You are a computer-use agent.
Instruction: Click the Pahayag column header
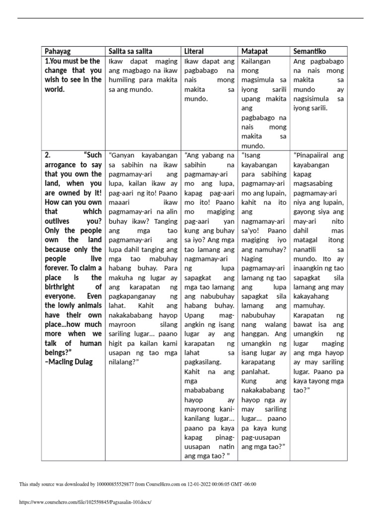click(58, 51)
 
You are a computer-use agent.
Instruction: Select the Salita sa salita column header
click(130, 51)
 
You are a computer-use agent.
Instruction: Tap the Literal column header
click(194, 51)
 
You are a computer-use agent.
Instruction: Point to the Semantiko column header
click(310, 51)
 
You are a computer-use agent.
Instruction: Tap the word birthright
click(62, 287)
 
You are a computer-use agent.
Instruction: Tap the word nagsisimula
click(314, 99)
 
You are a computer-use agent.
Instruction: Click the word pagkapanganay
click(136, 296)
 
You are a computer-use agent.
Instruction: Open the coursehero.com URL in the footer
click(84, 502)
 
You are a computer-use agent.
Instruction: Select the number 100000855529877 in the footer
click(114, 484)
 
